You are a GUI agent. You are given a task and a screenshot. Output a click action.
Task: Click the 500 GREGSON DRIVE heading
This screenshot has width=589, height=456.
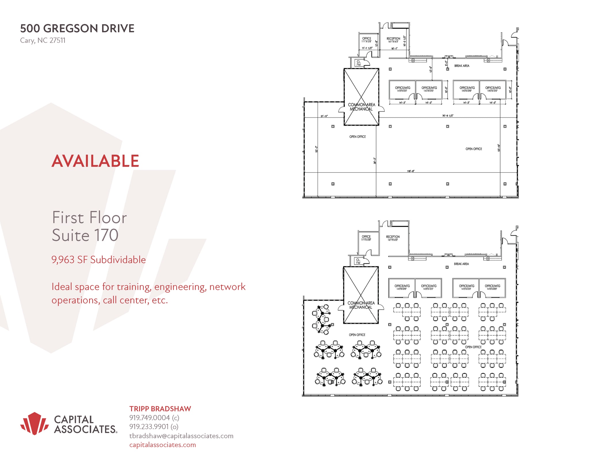(x=77, y=29)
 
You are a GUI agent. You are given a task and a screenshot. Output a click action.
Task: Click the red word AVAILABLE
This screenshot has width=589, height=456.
(x=95, y=161)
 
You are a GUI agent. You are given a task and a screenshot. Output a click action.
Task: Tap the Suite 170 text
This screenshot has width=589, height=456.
(x=85, y=235)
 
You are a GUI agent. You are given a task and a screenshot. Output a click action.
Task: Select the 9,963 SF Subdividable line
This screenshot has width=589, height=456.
(x=98, y=260)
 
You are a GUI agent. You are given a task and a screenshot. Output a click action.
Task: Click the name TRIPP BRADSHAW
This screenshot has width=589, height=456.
(x=160, y=409)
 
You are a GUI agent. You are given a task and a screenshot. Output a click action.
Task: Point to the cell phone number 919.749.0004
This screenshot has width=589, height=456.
(x=150, y=418)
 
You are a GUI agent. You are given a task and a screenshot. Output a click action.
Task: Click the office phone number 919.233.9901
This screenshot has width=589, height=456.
(x=149, y=427)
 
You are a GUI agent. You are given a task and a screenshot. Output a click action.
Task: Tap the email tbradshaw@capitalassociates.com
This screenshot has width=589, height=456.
(x=181, y=436)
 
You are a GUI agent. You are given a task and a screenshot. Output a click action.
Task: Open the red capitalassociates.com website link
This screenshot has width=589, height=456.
(x=162, y=445)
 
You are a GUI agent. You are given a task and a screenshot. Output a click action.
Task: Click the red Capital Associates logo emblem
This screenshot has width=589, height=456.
(x=35, y=423)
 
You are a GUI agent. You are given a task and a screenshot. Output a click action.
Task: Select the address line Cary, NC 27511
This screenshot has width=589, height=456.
(x=43, y=40)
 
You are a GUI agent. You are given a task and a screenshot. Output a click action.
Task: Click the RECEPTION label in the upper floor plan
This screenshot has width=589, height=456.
(x=393, y=39)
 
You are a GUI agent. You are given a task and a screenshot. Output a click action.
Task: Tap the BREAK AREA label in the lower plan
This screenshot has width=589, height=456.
(x=461, y=264)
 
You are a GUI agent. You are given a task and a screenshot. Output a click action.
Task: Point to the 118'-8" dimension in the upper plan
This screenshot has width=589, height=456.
(x=410, y=171)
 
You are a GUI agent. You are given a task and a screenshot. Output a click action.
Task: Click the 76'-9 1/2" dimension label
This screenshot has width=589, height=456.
(x=448, y=116)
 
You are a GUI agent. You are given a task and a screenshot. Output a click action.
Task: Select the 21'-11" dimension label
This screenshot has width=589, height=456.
(x=324, y=116)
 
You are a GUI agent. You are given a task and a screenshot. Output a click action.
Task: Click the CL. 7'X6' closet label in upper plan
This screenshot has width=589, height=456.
(x=359, y=63)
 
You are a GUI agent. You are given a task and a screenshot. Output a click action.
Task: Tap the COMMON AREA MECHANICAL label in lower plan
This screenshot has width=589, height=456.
(x=361, y=305)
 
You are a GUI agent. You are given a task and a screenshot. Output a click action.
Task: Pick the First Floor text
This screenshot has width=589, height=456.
(x=89, y=217)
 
